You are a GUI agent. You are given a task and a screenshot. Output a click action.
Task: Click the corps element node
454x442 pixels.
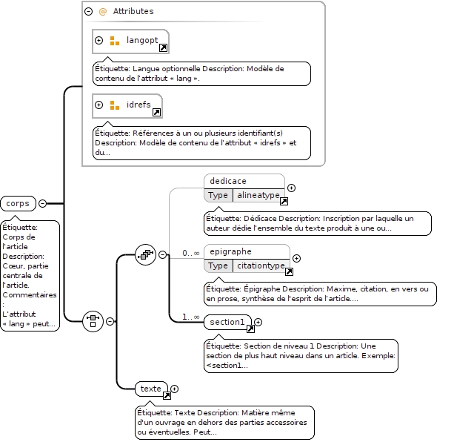click(19, 203)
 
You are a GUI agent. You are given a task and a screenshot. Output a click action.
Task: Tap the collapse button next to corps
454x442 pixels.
click(42, 203)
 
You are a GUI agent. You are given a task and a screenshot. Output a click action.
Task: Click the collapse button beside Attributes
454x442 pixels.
click(89, 11)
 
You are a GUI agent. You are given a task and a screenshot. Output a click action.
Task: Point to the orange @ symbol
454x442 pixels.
click(102, 12)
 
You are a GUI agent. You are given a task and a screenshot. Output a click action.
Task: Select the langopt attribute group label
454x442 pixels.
click(142, 40)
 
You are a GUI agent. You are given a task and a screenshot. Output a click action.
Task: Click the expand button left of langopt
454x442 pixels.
click(99, 40)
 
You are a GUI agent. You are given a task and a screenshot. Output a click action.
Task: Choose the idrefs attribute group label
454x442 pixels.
click(138, 105)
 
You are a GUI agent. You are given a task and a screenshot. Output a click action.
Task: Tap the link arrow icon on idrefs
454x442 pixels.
click(157, 112)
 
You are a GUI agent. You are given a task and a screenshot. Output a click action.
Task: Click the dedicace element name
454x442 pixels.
click(228, 181)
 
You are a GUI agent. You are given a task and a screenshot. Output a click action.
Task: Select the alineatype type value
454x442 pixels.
click(258, 195)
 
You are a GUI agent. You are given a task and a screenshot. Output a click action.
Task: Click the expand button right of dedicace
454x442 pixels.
click(292, 188)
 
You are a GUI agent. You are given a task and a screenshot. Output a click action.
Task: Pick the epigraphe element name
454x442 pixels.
click(231, 251)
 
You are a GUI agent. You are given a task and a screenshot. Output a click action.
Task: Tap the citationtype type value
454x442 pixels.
click(261, 265)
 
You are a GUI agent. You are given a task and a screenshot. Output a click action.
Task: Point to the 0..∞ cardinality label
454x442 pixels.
click(191, 253)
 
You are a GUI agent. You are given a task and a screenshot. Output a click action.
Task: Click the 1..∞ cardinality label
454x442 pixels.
click(191, 317)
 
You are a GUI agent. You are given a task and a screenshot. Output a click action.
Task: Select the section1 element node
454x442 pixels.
click(228, 322)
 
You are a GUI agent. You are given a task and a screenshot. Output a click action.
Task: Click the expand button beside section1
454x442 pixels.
click(258, 322)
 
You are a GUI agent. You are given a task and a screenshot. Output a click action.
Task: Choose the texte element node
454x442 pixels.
click(151, 389)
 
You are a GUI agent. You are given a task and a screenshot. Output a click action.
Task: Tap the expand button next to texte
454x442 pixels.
click(174, 389)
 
